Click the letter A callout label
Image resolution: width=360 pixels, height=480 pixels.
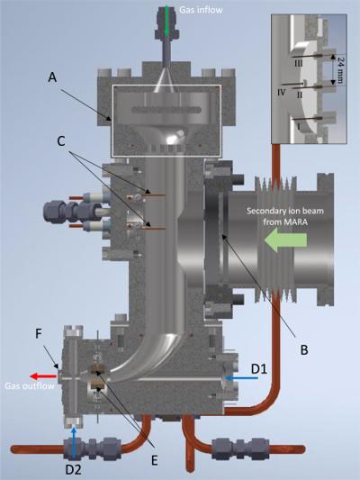pyautogui.click(x=52, y=77)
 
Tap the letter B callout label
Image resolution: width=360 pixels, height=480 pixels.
pyautogui.click(x=304, y=350)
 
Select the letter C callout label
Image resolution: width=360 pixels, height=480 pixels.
pyautogui.click(x=61, y=140)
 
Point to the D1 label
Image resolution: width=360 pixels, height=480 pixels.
pyautogui.click(x=259, y=369)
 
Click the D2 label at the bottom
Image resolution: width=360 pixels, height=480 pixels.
pyautogui.click(x=74, y=469)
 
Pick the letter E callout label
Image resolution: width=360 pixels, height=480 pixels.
pyautogui.click(x=155, y=460)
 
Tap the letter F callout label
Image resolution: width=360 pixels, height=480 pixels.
pyautogui.click(x=39, y=334)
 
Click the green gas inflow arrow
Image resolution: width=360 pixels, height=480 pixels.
pyautogui.click(x=166, y=22)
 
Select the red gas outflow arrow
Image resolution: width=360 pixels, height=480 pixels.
pyautogui.click(x=43, y=376)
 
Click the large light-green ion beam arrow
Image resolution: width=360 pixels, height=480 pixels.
pyautogui.click(x=285, y=240)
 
